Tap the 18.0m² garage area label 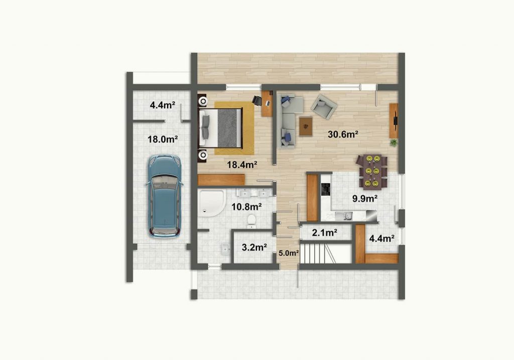pos(163,140)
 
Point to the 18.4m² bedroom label pos(242,165)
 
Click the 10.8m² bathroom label pos(246,207)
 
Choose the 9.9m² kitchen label pos(365,198)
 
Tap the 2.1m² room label pos(325,233)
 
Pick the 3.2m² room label pos(254,247)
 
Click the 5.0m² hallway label pos(289,253)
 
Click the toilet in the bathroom pos(251,221)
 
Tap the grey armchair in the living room pos(324,106)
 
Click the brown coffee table pos(306,126)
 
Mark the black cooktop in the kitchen pos(326,189)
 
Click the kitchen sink pos(343,215)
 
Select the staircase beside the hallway pos(318,253)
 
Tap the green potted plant pos(394,143)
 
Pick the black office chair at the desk pos(256,100)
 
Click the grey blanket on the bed pos(229,128)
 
